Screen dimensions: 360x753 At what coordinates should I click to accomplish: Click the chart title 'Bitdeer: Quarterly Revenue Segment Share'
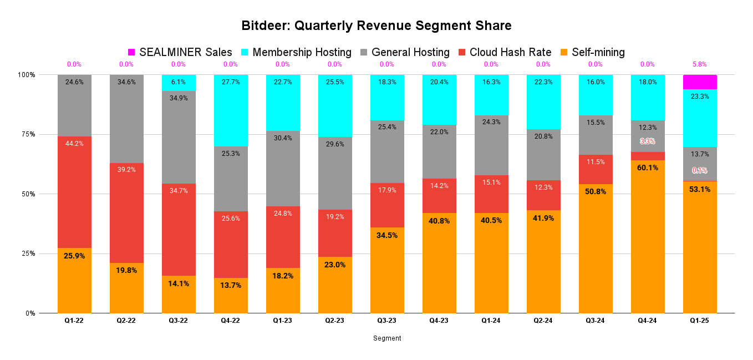(376, 26)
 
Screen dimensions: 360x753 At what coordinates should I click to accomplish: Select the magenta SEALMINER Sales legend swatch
(131, 52)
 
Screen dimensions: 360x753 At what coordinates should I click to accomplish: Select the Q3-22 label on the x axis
(179, 321)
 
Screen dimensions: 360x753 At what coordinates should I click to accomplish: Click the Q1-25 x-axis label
(700, 321)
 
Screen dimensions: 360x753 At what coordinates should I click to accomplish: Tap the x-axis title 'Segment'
(387, 338)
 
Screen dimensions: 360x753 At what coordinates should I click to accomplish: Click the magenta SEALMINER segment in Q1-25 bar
(700, 82)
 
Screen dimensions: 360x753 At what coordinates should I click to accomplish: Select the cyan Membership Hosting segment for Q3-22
(179, 83)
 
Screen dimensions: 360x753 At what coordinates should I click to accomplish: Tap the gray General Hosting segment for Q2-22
(126, 119)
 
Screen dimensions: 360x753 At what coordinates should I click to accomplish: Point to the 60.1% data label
(648, 168)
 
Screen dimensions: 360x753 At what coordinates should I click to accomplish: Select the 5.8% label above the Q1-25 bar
(700, 64)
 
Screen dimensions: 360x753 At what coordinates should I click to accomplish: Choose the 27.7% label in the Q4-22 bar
(231, 82)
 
